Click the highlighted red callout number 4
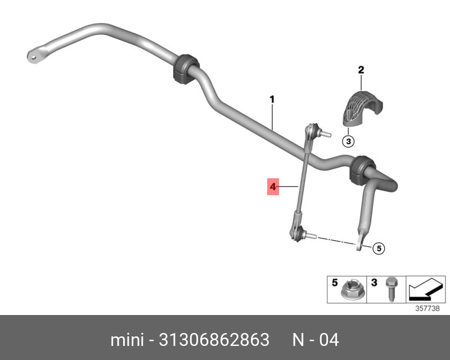273,187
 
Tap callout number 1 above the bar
272,100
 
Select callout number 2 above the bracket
361,70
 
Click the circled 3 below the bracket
348,141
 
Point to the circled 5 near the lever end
379,248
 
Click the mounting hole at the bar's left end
34,57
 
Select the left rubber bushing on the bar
186,69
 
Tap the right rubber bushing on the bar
362,170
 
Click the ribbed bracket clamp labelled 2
363,108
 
